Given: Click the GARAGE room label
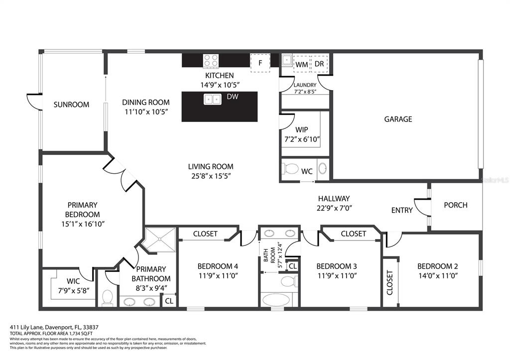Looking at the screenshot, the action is [x=398, y=119].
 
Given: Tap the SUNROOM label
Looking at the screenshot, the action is [x=71, y=105].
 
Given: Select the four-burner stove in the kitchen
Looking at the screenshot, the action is [x=211, y=61].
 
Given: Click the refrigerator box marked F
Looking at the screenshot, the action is [x=260, y=63].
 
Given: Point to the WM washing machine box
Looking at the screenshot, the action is [x=302, y=64].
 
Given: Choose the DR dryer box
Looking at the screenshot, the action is [x=320, y=64].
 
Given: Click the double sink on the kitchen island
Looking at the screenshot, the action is [x=212, y=99].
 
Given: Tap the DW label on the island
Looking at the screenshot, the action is [x=233, y=96].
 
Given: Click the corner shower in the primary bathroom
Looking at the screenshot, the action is [x=160, y=240].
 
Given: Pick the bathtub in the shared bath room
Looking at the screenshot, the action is [x=276, y=300].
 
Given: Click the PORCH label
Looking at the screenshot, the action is [x=456, y=205].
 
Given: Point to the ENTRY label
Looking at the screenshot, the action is [x=402, y=210].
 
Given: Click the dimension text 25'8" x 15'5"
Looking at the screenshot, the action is [x=211, y=176].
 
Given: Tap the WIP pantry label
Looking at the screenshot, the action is [x=301, y=129].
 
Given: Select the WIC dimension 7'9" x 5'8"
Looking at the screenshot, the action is [x=73, y=290].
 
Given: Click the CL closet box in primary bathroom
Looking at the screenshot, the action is [x=169, y=301].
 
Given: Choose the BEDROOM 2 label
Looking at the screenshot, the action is [x=438, y=266].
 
